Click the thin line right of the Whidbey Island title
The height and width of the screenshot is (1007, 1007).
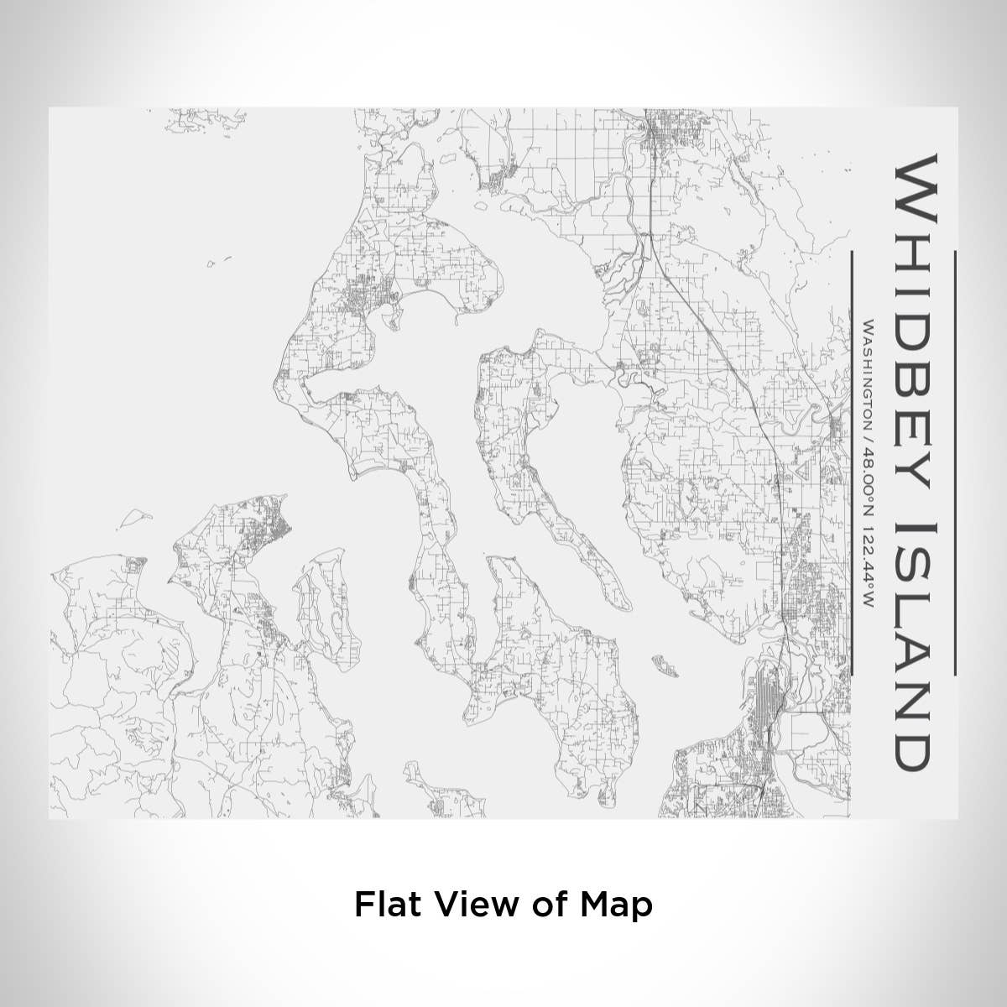955,462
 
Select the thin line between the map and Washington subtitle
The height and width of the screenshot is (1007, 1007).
850,462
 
